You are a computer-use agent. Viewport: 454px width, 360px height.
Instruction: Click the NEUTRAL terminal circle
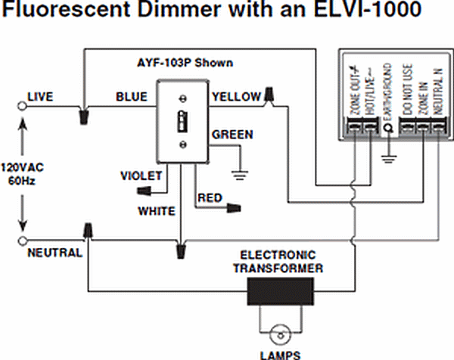[22, 241]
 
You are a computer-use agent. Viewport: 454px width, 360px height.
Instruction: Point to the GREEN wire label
[232, 135]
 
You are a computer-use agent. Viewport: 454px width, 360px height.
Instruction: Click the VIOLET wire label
[141, 175]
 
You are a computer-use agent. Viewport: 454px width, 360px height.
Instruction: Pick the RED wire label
[209, 198]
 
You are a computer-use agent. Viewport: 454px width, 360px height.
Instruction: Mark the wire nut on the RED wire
[237, 206]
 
